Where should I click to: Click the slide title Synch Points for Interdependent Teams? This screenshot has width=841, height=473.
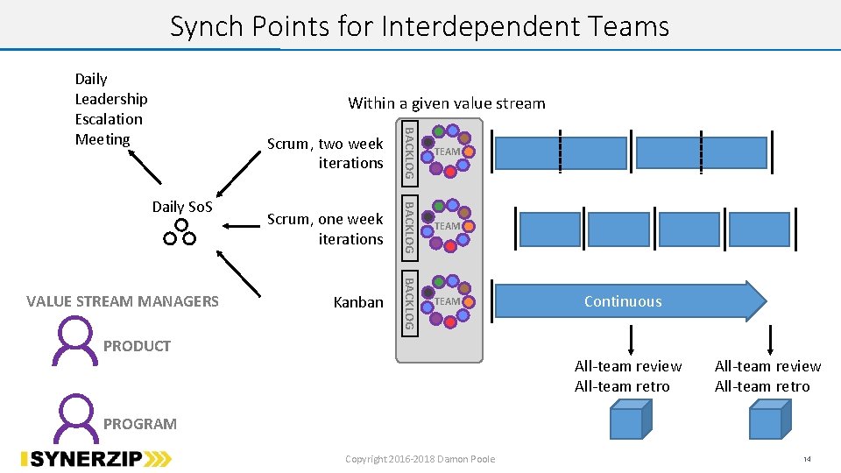[420, 26]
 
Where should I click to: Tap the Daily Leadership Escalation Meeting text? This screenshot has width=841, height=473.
[111, 109]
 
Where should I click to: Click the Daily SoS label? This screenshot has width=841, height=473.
[182, 207]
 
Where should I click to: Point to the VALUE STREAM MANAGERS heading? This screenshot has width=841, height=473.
[123, 301]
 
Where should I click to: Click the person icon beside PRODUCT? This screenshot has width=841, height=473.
[74, 341]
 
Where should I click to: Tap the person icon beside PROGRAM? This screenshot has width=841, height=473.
[75, 419]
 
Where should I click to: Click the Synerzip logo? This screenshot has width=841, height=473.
[96, 459]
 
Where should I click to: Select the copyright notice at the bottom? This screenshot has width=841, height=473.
[420, 459]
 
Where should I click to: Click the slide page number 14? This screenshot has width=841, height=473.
[807, 459]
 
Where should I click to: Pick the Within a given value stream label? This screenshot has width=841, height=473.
[446, 103]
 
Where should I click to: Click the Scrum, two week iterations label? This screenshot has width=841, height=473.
[325, 152]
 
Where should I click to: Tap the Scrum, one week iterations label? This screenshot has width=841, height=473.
[325, 229]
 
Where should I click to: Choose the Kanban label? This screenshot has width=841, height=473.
[358, 302]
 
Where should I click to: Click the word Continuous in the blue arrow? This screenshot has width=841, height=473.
[623, 301]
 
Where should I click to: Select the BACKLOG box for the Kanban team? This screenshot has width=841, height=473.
[410, 304]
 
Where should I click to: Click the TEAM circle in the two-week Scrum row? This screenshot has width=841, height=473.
[446, 152]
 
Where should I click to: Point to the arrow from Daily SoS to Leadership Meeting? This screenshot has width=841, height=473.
[145, 167]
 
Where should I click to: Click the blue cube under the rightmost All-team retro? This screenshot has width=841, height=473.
[770, 420]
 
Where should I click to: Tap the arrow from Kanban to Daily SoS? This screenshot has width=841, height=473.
[238, 273]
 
